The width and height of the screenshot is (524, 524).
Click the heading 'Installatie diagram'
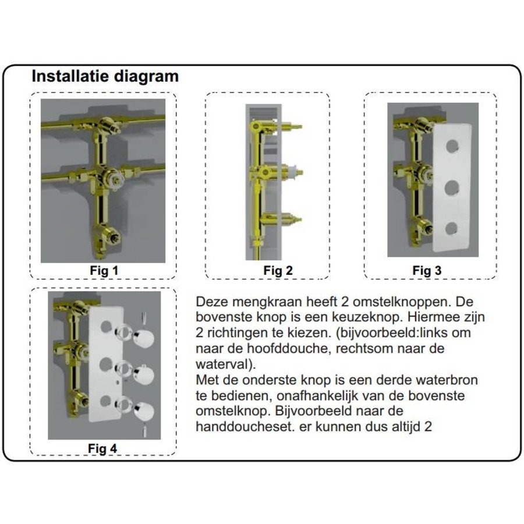[105, 76]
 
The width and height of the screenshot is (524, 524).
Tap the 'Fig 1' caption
[104, 270]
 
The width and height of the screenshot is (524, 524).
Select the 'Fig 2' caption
[278, 270]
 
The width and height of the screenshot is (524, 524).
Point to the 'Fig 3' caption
[427, 270]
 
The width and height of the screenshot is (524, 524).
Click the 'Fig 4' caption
[102, 448]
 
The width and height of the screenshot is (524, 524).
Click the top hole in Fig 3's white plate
[452, 146]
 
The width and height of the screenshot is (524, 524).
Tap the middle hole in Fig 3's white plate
[451, 187]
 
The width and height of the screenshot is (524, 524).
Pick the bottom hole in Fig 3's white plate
[451, 229]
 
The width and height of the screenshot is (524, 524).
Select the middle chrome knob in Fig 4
[144, 374]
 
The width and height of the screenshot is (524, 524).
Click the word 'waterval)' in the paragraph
[225, 364]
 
